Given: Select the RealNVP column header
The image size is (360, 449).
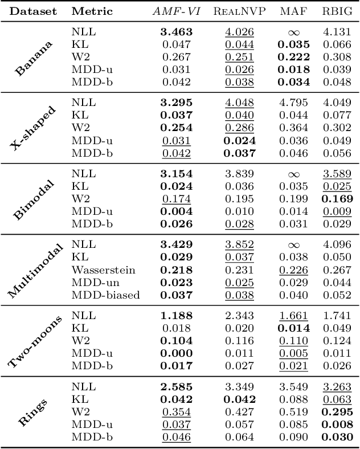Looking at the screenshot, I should tap(239, 11).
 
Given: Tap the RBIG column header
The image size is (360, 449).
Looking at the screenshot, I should tap(338, 11).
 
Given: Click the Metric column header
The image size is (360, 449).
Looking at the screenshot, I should tap(92, 11).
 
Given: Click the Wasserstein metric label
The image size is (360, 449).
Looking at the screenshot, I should tap(103, 270).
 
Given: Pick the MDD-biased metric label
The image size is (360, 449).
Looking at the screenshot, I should tap(105, 295).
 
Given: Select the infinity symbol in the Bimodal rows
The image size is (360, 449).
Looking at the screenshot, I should tap(293, 174).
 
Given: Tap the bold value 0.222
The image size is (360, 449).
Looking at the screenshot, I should tap(294, 57).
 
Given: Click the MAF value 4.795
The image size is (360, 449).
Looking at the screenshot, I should tap(294, 103).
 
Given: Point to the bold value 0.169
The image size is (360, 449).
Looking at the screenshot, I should tap(338, 199).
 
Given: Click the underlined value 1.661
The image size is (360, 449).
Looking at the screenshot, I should tap(294, 316).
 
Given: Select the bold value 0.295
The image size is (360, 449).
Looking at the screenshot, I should tap(338, 412).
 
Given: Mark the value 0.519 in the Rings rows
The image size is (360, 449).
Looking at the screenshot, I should tap(294, 412).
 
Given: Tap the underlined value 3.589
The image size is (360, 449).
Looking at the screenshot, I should tap(338, 174).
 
